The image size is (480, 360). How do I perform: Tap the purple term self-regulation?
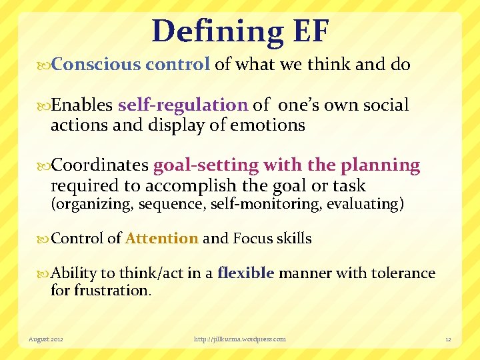coord(183,105)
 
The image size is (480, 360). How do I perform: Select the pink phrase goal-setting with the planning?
coord(287,165)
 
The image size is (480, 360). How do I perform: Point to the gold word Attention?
coord(161,239)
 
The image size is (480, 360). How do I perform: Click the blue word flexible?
coord(246,273)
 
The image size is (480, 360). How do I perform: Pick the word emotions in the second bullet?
coord(272,125)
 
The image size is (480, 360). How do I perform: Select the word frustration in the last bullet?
coord(112,291)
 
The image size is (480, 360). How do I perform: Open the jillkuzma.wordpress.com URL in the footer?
coord(239,339)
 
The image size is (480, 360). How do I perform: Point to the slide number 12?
coord(448,339)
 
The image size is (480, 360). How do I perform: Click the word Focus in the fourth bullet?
coord(253,239)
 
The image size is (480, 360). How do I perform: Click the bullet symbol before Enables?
coord(45,105)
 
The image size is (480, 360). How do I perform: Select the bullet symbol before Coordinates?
coord(45,166)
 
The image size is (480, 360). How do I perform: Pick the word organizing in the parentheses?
coord(93,205)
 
